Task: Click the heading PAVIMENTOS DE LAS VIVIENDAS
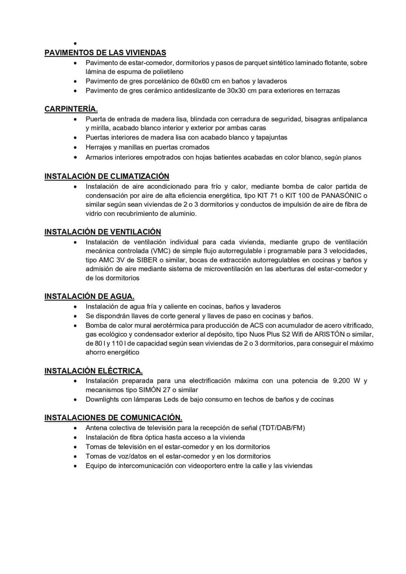point(105,53)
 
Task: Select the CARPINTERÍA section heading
point(71,109)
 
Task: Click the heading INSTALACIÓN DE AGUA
point(89,296)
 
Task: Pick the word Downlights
point(102,399)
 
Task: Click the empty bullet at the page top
point(76,44)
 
